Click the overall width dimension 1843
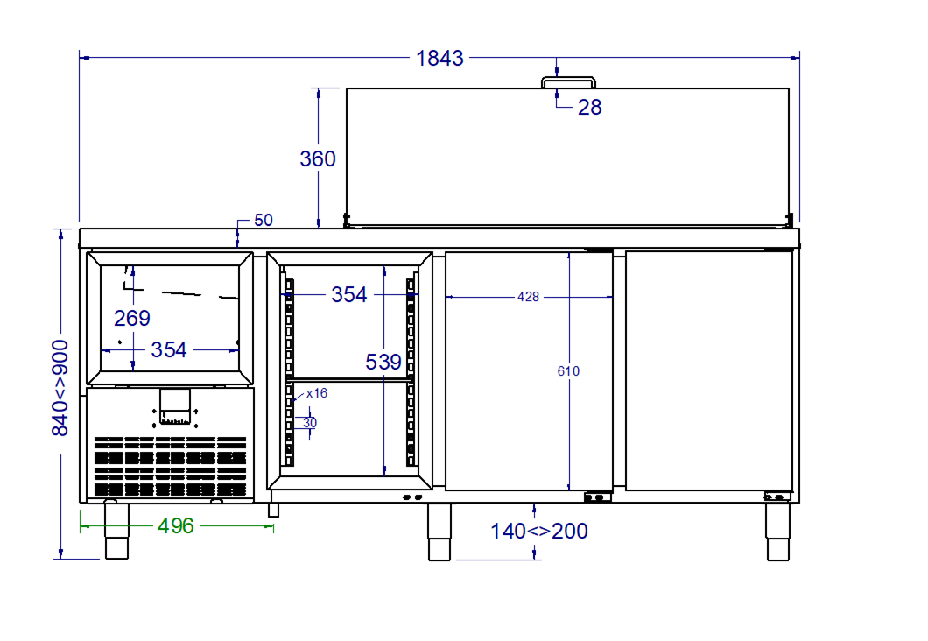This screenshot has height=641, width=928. (x=439, y=58)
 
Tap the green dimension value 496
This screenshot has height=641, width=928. (x=176, y=525)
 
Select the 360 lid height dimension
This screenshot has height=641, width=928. (x=318, y=158)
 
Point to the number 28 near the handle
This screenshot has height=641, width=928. (x=589, y=107)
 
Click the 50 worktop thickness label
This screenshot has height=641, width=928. (x=264, y=220)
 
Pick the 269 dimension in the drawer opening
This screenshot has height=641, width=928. (x=132, y=319)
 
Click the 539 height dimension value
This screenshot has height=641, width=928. (x=383, y=362)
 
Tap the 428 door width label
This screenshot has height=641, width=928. (x=529, y=297)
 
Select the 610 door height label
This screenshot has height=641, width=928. (x=568, y=371)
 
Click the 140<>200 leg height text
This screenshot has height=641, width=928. (x=539, y=531)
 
